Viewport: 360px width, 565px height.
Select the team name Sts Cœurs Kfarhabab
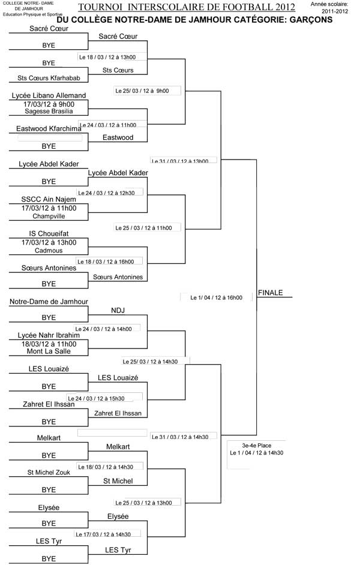tap(49, 78)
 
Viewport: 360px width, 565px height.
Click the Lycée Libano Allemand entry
tap(49, 95)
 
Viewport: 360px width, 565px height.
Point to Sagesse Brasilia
tap(49, 112)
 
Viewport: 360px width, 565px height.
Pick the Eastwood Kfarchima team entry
tap(49, 128)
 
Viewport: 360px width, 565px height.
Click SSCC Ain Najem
tap(49, 199)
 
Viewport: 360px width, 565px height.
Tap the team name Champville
tap(49, 216)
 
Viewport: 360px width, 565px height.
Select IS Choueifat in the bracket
tap(49, 233)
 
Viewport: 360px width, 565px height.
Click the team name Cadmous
tap(49, 250)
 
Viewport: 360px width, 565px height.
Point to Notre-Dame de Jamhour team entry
tap(49, 302)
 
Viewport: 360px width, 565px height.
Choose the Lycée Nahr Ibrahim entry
tap(49, 335)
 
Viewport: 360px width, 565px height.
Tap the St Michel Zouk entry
tap(49, 473)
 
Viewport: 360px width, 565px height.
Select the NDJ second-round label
tap(118, 310)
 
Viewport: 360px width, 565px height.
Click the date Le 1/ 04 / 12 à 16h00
tap(216, 297)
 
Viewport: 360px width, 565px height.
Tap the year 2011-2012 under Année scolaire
tap(336, 11)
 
